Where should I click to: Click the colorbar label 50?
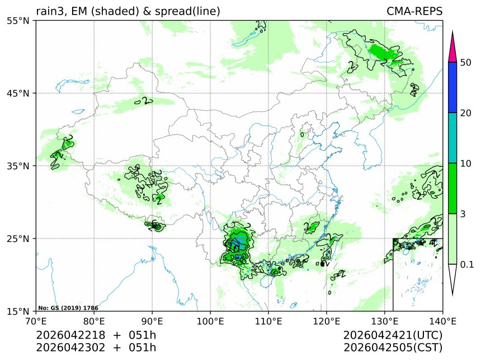tap(465, 62)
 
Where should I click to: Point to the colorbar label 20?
tap(465, 113)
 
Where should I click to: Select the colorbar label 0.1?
tap(467, 264)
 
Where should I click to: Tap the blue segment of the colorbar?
tap(454, 87)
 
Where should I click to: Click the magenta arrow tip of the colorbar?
tap(454, 48)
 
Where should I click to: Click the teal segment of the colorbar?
tap(454, 138)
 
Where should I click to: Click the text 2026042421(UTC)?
tap(393, 335)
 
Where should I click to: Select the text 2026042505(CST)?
tap(393, 348)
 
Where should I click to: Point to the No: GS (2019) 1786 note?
tap(68, 308)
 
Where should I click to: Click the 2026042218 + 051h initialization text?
tap(96, 335)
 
